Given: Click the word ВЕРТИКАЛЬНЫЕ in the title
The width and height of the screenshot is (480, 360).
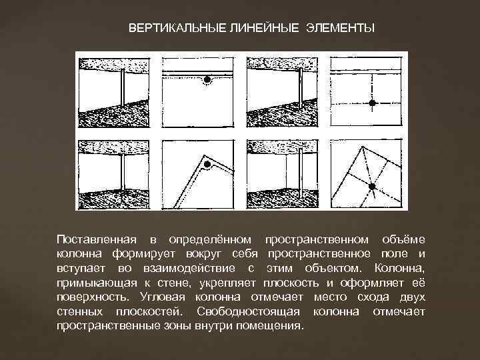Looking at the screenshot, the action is tap(177, 28).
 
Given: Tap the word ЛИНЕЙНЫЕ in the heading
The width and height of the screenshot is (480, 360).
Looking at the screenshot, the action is tap(263, 28).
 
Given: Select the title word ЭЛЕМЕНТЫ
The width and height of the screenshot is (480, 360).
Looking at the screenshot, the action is tap(341, 28).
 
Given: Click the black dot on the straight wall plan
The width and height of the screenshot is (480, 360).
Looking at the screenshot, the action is tap(207, 79).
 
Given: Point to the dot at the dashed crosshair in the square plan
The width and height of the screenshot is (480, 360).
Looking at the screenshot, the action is tap(372, 103).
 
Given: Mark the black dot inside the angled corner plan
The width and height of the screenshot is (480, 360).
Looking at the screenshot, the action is tap(207, 164).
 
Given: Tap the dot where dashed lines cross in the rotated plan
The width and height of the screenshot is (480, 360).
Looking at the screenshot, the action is tap(372, 187).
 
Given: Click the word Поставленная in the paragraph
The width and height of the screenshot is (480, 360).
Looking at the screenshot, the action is tap(97, 239).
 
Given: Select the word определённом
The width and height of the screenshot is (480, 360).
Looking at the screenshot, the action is tap(210, 240).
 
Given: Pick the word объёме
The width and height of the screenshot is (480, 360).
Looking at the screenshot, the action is tap(404, 239).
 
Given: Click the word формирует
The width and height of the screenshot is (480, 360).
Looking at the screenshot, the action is tap(143, 255).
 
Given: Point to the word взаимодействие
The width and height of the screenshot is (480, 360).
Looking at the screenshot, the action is tap(189, 269).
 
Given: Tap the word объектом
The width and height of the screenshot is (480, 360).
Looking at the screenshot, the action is tap(333, 269).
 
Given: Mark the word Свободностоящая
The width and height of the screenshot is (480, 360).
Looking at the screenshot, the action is tap(248, 311).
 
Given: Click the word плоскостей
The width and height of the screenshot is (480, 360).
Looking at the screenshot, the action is tap(149, 311).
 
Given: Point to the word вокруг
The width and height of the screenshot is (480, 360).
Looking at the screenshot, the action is tap(205, 255).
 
